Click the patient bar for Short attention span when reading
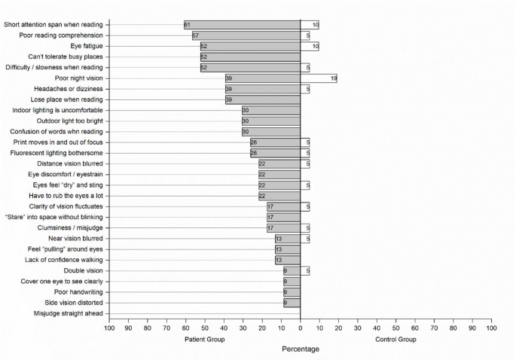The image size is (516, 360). [243, 25]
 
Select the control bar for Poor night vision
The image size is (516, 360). [319, 78]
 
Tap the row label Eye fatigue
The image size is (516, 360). [87, 46]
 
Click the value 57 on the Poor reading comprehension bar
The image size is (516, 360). [195, 35]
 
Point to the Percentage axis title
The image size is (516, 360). [301, 349]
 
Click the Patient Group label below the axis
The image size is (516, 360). [205, 339]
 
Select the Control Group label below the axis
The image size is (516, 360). [395, 339]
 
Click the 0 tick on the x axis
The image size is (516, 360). [301, 328]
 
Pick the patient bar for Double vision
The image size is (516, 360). [292, 271]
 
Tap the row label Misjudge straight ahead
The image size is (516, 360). [68, 313]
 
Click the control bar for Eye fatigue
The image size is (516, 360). [310, 46]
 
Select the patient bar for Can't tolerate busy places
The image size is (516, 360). [250, 57]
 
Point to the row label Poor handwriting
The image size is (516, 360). [78, 292]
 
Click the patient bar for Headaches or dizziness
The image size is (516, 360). [263, 89]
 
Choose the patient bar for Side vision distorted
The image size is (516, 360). [292, 303]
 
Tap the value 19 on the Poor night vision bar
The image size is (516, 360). [334, 78]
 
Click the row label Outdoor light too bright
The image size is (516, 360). [70, 121]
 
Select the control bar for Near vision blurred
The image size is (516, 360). [305, 239]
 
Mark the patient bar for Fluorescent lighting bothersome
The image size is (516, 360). [276, 153]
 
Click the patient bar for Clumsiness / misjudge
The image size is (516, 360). [284, 228]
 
